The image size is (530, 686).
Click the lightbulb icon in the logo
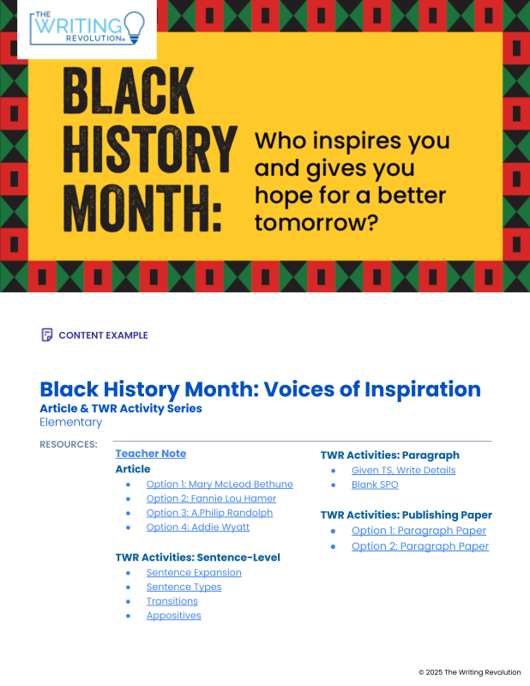pos(135,27)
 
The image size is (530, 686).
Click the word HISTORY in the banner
pos(150,149)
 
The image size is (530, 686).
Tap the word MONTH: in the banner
pos(142,208)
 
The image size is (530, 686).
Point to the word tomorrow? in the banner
pos(316,223)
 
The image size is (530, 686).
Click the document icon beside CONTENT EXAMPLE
pos(47,334)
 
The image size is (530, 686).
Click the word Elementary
pos(71,422)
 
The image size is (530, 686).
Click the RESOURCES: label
pos(69,444)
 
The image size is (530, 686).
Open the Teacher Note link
pos(151,454)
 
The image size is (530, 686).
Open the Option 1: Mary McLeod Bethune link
pos(220,484)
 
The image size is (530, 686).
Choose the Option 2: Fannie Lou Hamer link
pos(211,499)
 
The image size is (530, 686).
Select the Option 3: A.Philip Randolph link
pos(209,513)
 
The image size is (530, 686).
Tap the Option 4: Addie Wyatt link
pos(198,527)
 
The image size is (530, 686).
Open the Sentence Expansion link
pos(194,573)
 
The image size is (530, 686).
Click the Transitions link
pos(172,601)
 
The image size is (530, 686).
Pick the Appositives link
pos(174,616)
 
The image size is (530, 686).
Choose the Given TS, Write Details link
pos(404,470)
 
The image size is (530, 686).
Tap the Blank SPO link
pos(375,484)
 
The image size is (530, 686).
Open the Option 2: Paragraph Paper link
pos(420,546)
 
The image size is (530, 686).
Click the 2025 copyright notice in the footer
pos(470,672)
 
